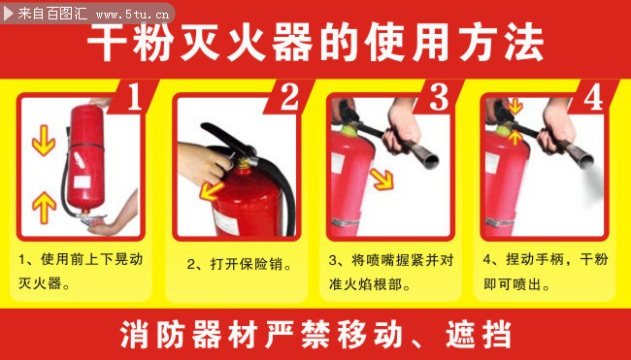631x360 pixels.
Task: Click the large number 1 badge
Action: (x=135, y=97)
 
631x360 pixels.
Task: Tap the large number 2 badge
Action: (x=289, y=97)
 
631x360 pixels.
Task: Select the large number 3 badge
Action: (x=439, y=97)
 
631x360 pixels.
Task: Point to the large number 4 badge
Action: (x=593, y=97)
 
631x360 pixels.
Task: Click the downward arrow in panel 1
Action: (x=44, y=141)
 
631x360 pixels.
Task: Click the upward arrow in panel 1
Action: (x=44, y=208)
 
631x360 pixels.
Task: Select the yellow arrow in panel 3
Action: (x=382, y=179)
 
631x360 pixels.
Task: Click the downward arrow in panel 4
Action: (x=515, y=106)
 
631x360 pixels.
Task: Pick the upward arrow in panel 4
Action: (x=515, y=137)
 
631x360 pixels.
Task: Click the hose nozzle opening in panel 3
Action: (x=431, y=161)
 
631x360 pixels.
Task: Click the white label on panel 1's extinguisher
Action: (x=83, y=181)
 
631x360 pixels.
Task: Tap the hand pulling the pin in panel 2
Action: (x=203, y=163)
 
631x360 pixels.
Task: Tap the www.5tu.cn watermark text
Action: (x=132, y=15)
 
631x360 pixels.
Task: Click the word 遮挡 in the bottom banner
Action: (x=478, y=335)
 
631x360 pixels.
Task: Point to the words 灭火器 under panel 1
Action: (x=40, y=283)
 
